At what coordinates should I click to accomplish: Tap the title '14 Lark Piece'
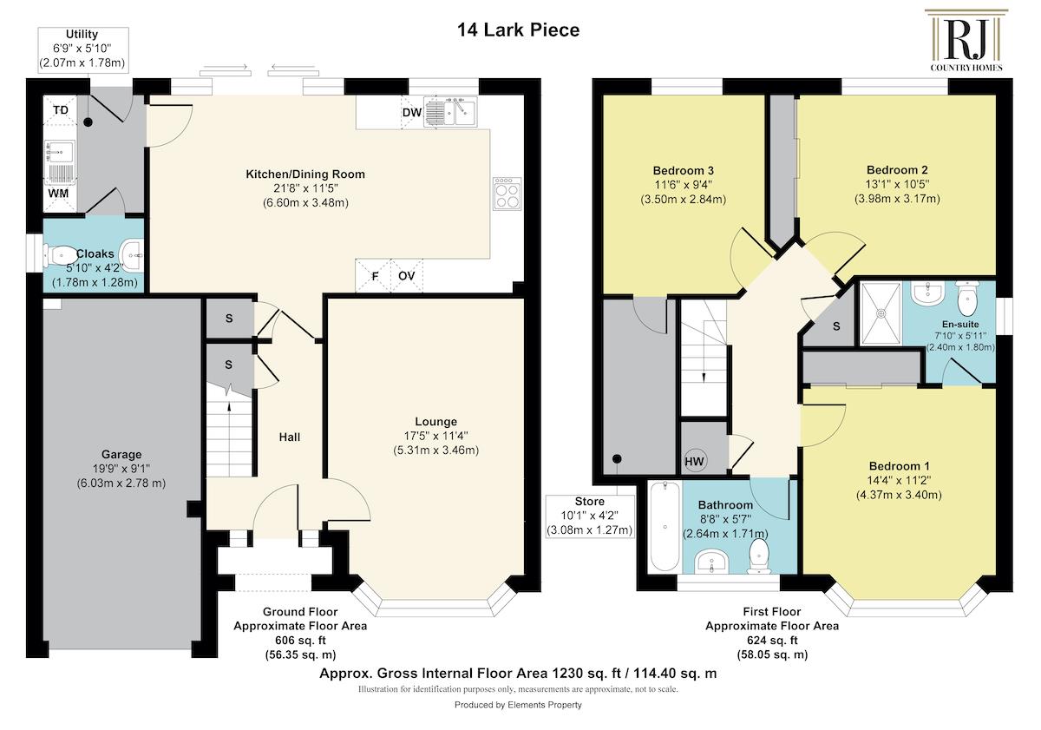(x=518, y=30)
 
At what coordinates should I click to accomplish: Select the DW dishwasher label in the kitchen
(x=412, y=113)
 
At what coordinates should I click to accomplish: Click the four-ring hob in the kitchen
(x=507, y=194)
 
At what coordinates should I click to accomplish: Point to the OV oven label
(x=406, y=276)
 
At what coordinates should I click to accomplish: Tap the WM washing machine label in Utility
(x=58, y=194)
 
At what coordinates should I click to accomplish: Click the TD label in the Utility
(x=61, y=110)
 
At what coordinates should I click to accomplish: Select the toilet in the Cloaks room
(x=61, y=255)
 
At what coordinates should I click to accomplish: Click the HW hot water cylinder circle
(x=694, y=461)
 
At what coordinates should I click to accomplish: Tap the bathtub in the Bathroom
(x=665, y=528)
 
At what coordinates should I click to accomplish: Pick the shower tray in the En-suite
(x=881, y=313)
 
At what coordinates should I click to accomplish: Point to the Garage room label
(x=121, y=454)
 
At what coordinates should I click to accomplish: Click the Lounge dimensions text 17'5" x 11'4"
(x=435, y=436)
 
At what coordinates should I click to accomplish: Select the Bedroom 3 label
(x=683, y=171)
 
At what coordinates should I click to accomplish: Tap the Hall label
(x=290, y=437)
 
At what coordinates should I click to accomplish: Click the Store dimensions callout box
(x=590, y=516)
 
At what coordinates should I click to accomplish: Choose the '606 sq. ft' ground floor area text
(x=300, y=641)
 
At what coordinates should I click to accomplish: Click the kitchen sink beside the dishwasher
(x=450, y=112)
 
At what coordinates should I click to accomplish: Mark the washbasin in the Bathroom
(x=711, y=562)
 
